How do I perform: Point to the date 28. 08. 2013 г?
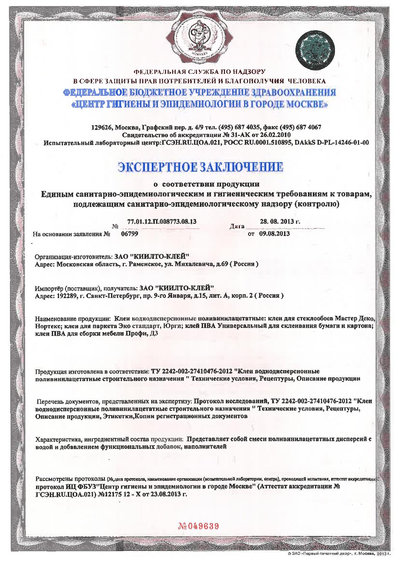280,222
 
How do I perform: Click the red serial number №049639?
199,527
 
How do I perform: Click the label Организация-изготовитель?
72,257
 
